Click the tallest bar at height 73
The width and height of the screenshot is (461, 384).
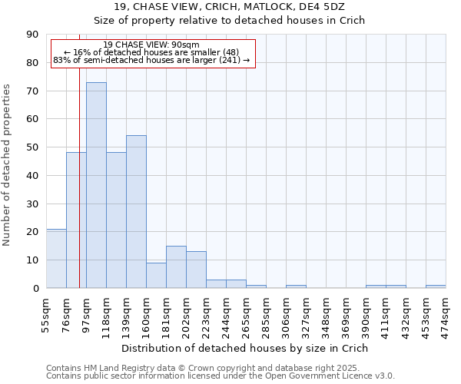pos(96,185)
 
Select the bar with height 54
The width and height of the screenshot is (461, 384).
pos(136,212)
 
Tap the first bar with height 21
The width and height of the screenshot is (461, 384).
pos(56,258)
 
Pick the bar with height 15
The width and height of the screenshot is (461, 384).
pos(176,266)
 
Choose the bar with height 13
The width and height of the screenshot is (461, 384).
pos(196,270)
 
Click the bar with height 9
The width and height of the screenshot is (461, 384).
pos(156,275)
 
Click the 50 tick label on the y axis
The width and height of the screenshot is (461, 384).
pos(32,147)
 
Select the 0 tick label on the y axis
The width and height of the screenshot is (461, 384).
pos(35,288)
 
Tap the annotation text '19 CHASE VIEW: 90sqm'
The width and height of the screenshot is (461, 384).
pos(151,45)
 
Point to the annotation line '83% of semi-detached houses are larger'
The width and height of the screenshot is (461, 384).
pos(151,60)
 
